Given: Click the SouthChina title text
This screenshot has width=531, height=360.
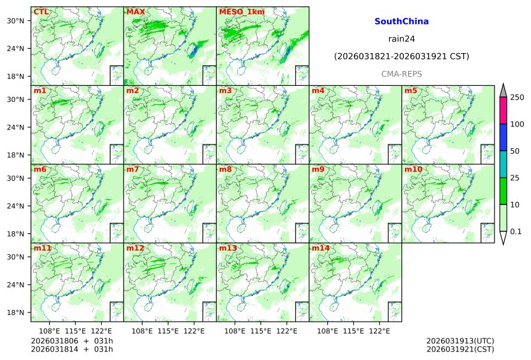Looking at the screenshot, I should coord(401,21).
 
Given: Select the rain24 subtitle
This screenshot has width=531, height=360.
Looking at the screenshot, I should coord(401,38).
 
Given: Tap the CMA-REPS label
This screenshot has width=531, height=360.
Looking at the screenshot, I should coord(401,73).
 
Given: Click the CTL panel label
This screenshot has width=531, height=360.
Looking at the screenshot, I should coord(41,12).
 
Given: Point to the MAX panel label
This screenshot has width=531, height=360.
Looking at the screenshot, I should coord(135,12).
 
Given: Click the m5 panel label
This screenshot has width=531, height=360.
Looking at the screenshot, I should coord(411,91).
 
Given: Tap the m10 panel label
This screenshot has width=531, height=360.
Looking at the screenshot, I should coord(413,169).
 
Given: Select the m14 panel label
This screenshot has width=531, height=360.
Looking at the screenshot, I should coord(320,248).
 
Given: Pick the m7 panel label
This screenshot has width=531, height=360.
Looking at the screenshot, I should coord(133,169).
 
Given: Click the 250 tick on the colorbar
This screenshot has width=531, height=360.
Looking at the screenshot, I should coord(517,98).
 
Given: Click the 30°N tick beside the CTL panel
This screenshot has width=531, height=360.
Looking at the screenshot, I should coord(15,21).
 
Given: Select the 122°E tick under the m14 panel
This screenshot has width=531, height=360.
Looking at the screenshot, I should coord(380,332).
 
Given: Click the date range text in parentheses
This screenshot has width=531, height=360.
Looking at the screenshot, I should coord(401,56).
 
